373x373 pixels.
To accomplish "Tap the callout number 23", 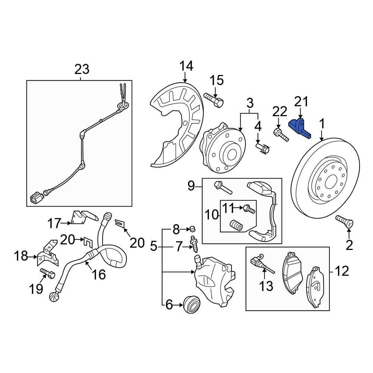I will pos(82,69).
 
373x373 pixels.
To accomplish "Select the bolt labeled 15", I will pos(214,100).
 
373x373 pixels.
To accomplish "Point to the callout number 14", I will pos(186,66).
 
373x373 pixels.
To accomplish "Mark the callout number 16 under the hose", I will pos(99,275).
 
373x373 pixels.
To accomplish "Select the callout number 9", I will pos(191,185).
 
